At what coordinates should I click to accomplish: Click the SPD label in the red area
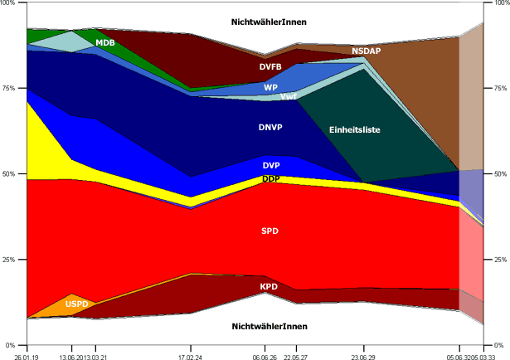point(270,231)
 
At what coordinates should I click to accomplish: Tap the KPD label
point(269,287)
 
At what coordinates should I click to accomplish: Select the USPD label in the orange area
point(77,304)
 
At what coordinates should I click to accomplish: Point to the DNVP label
point(270,129)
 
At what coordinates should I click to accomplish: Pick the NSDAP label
point(366,51)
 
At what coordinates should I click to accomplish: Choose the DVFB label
point(271,66)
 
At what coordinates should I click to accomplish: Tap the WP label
point(270,87)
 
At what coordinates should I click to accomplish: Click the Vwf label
point(289,97)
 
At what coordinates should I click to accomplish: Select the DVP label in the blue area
point(270,166)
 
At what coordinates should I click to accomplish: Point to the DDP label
point(270,179)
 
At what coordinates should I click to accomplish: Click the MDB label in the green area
point(105,42)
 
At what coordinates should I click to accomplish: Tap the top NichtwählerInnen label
point(270,22)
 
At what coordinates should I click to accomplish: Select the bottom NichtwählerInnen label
point(270,326)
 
